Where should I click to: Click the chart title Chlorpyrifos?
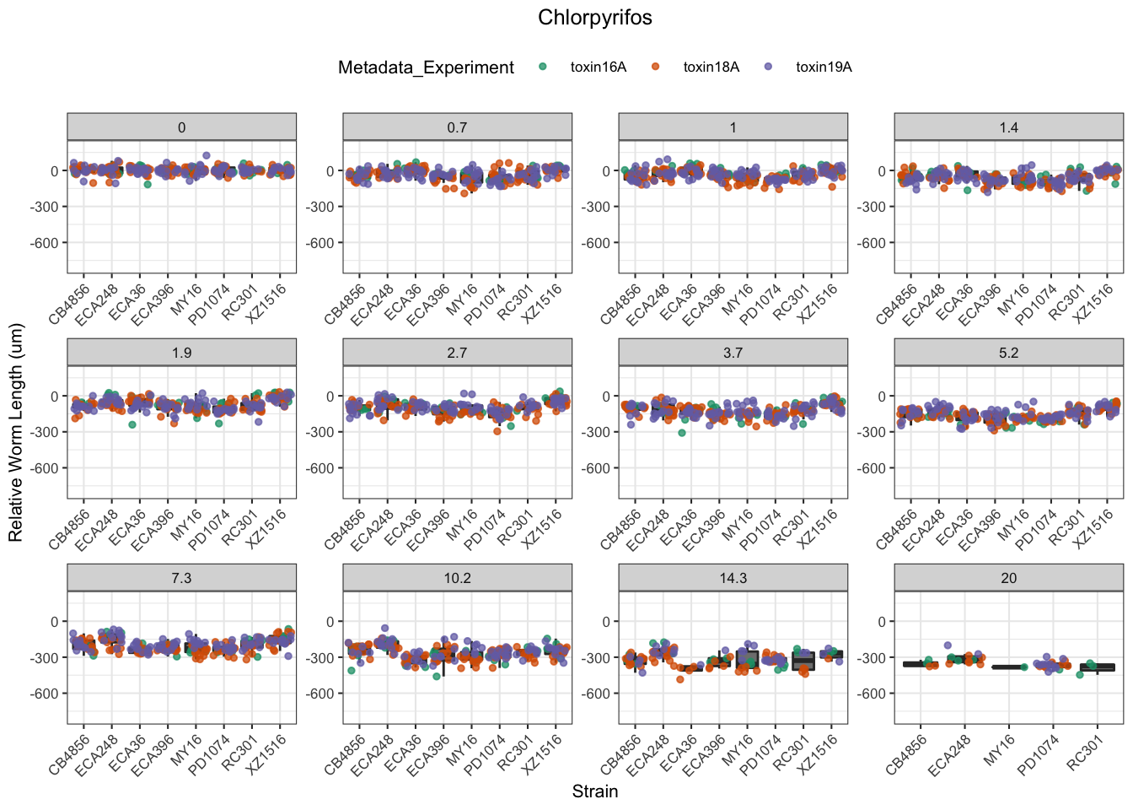(595, 18)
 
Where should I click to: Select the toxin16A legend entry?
(598, 67)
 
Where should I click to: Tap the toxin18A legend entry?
(711, 67)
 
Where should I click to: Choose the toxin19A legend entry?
(824, 67)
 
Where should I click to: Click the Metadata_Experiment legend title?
(426, 67)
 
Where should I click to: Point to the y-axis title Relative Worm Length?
(16, 433)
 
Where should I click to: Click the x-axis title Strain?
(595, 791)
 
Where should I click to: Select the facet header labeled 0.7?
(457, 127)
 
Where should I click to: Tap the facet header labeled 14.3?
(733, 578)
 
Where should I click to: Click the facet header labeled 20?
(1008, 578)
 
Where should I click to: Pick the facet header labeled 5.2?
(1008, 353)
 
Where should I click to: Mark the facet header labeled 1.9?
(181, 353)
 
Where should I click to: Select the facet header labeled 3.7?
(733, 353)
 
